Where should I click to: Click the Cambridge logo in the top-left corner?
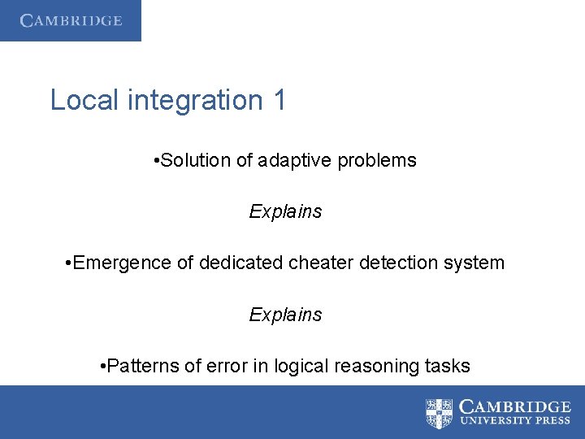[71, 21]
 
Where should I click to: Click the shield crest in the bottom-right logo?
[440, 413]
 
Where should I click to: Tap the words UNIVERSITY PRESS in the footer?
[515, 421]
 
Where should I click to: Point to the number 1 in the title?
[279, 100]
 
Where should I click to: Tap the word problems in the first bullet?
[377, 161]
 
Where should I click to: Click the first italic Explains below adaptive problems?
[285, 211]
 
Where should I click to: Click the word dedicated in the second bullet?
[236, 263]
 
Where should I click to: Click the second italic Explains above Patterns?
[285, 315]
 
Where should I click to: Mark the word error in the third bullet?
[219, 366]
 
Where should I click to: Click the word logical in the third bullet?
[293, 366]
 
